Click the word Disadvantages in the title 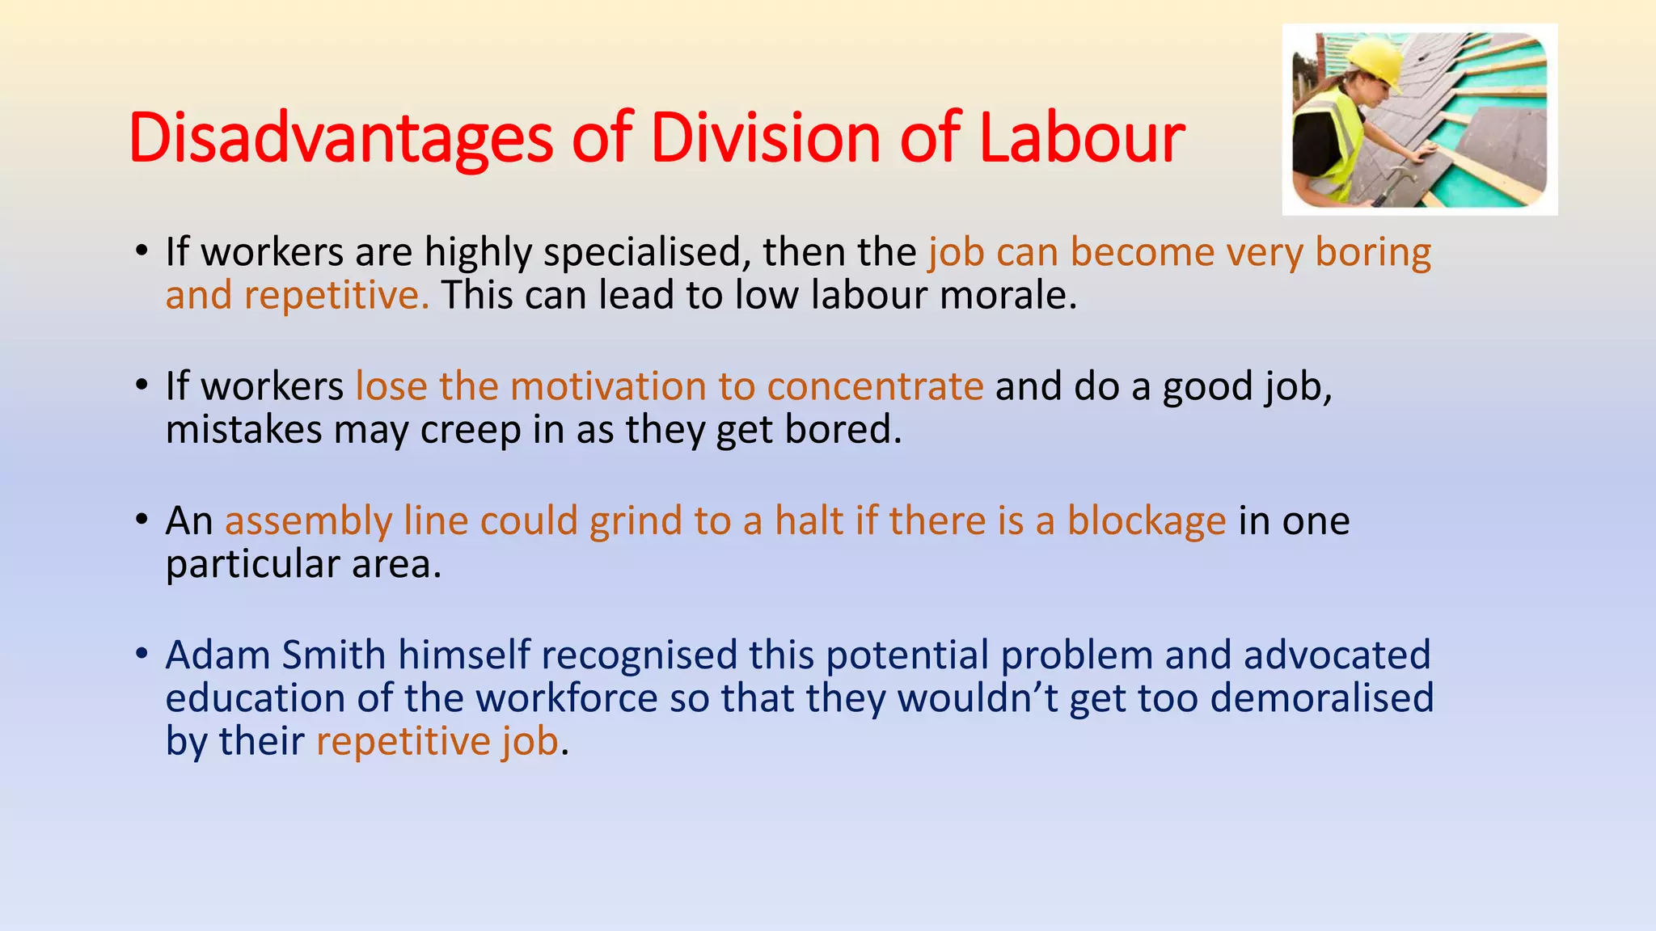pyautogui.click(x=340, y=138)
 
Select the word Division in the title pyautogui.click(x=765, y=138)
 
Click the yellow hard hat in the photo pyautogui.click(x=1375, y=61)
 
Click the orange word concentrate pyautogui.click(x=875, y=386)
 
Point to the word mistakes pyautogui.click(x=243, y=429)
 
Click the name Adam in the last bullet pyautogui.click(x=218, y=655)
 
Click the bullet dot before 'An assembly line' pyautogui.click(x=142, y=519)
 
